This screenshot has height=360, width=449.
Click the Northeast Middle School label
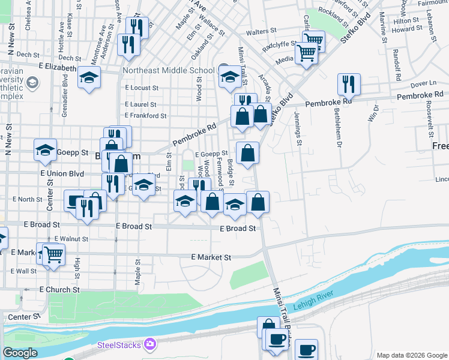click(168, 70)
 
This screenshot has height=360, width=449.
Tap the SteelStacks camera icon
click(149, 344)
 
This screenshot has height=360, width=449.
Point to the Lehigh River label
click(312, 305)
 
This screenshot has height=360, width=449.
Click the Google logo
click(20, 353)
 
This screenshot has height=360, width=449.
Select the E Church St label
click(59, 289)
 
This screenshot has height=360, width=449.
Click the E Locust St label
click(141, 88)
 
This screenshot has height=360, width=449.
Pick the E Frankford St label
click(145, 115)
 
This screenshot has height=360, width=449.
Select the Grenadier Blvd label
click(64, 93)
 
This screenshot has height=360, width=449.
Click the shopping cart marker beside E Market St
click(53, 253)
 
